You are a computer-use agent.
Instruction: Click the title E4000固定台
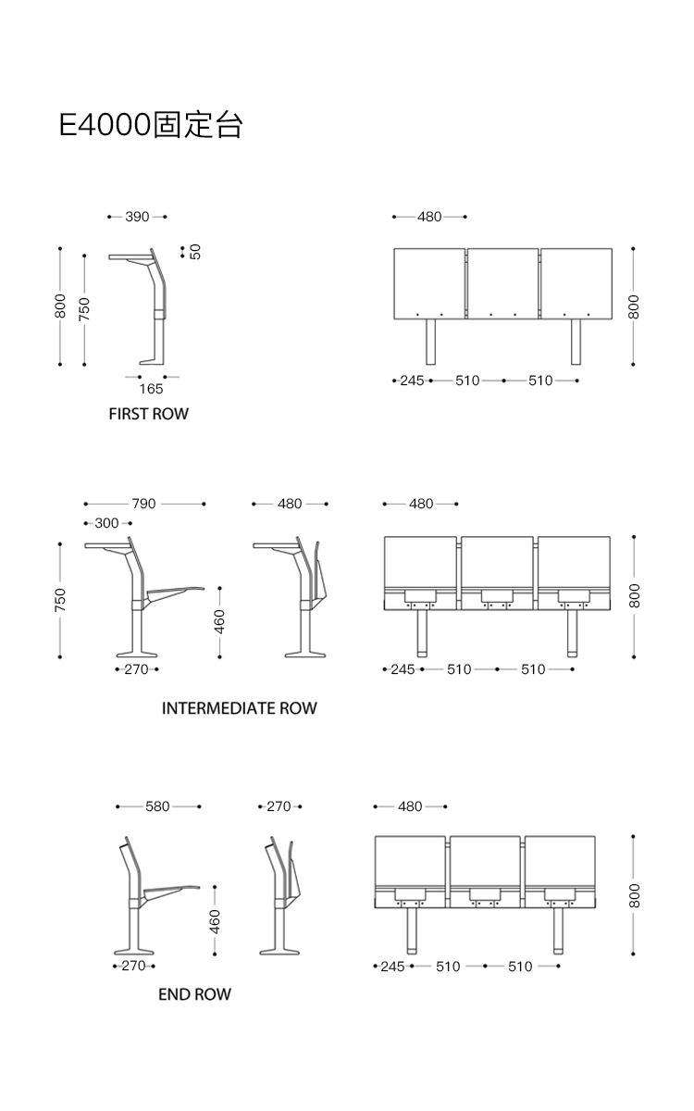coord(150,125)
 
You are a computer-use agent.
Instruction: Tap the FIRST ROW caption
coord(148,414)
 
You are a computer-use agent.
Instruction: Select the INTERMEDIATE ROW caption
coord(239,708)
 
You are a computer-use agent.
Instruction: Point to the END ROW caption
coord(194,994)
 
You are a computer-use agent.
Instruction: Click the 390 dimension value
coord(137,217)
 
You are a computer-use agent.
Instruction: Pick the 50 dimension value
coord(195,251)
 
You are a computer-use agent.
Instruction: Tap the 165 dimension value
coord(151,390)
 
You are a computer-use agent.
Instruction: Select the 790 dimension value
coord(143,505)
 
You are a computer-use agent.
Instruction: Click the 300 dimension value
coord(107,523)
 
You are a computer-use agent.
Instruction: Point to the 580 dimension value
coord(157,806)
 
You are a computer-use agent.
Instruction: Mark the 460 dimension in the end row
coord(215,921)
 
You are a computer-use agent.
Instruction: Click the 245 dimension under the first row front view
coord(412,381)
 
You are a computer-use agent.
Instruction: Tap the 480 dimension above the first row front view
coord(429,217)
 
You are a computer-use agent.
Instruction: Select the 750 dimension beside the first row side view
coord(84,307)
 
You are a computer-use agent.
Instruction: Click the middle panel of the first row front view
coord(502,281)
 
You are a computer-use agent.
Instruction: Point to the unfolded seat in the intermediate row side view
coord(176,590)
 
